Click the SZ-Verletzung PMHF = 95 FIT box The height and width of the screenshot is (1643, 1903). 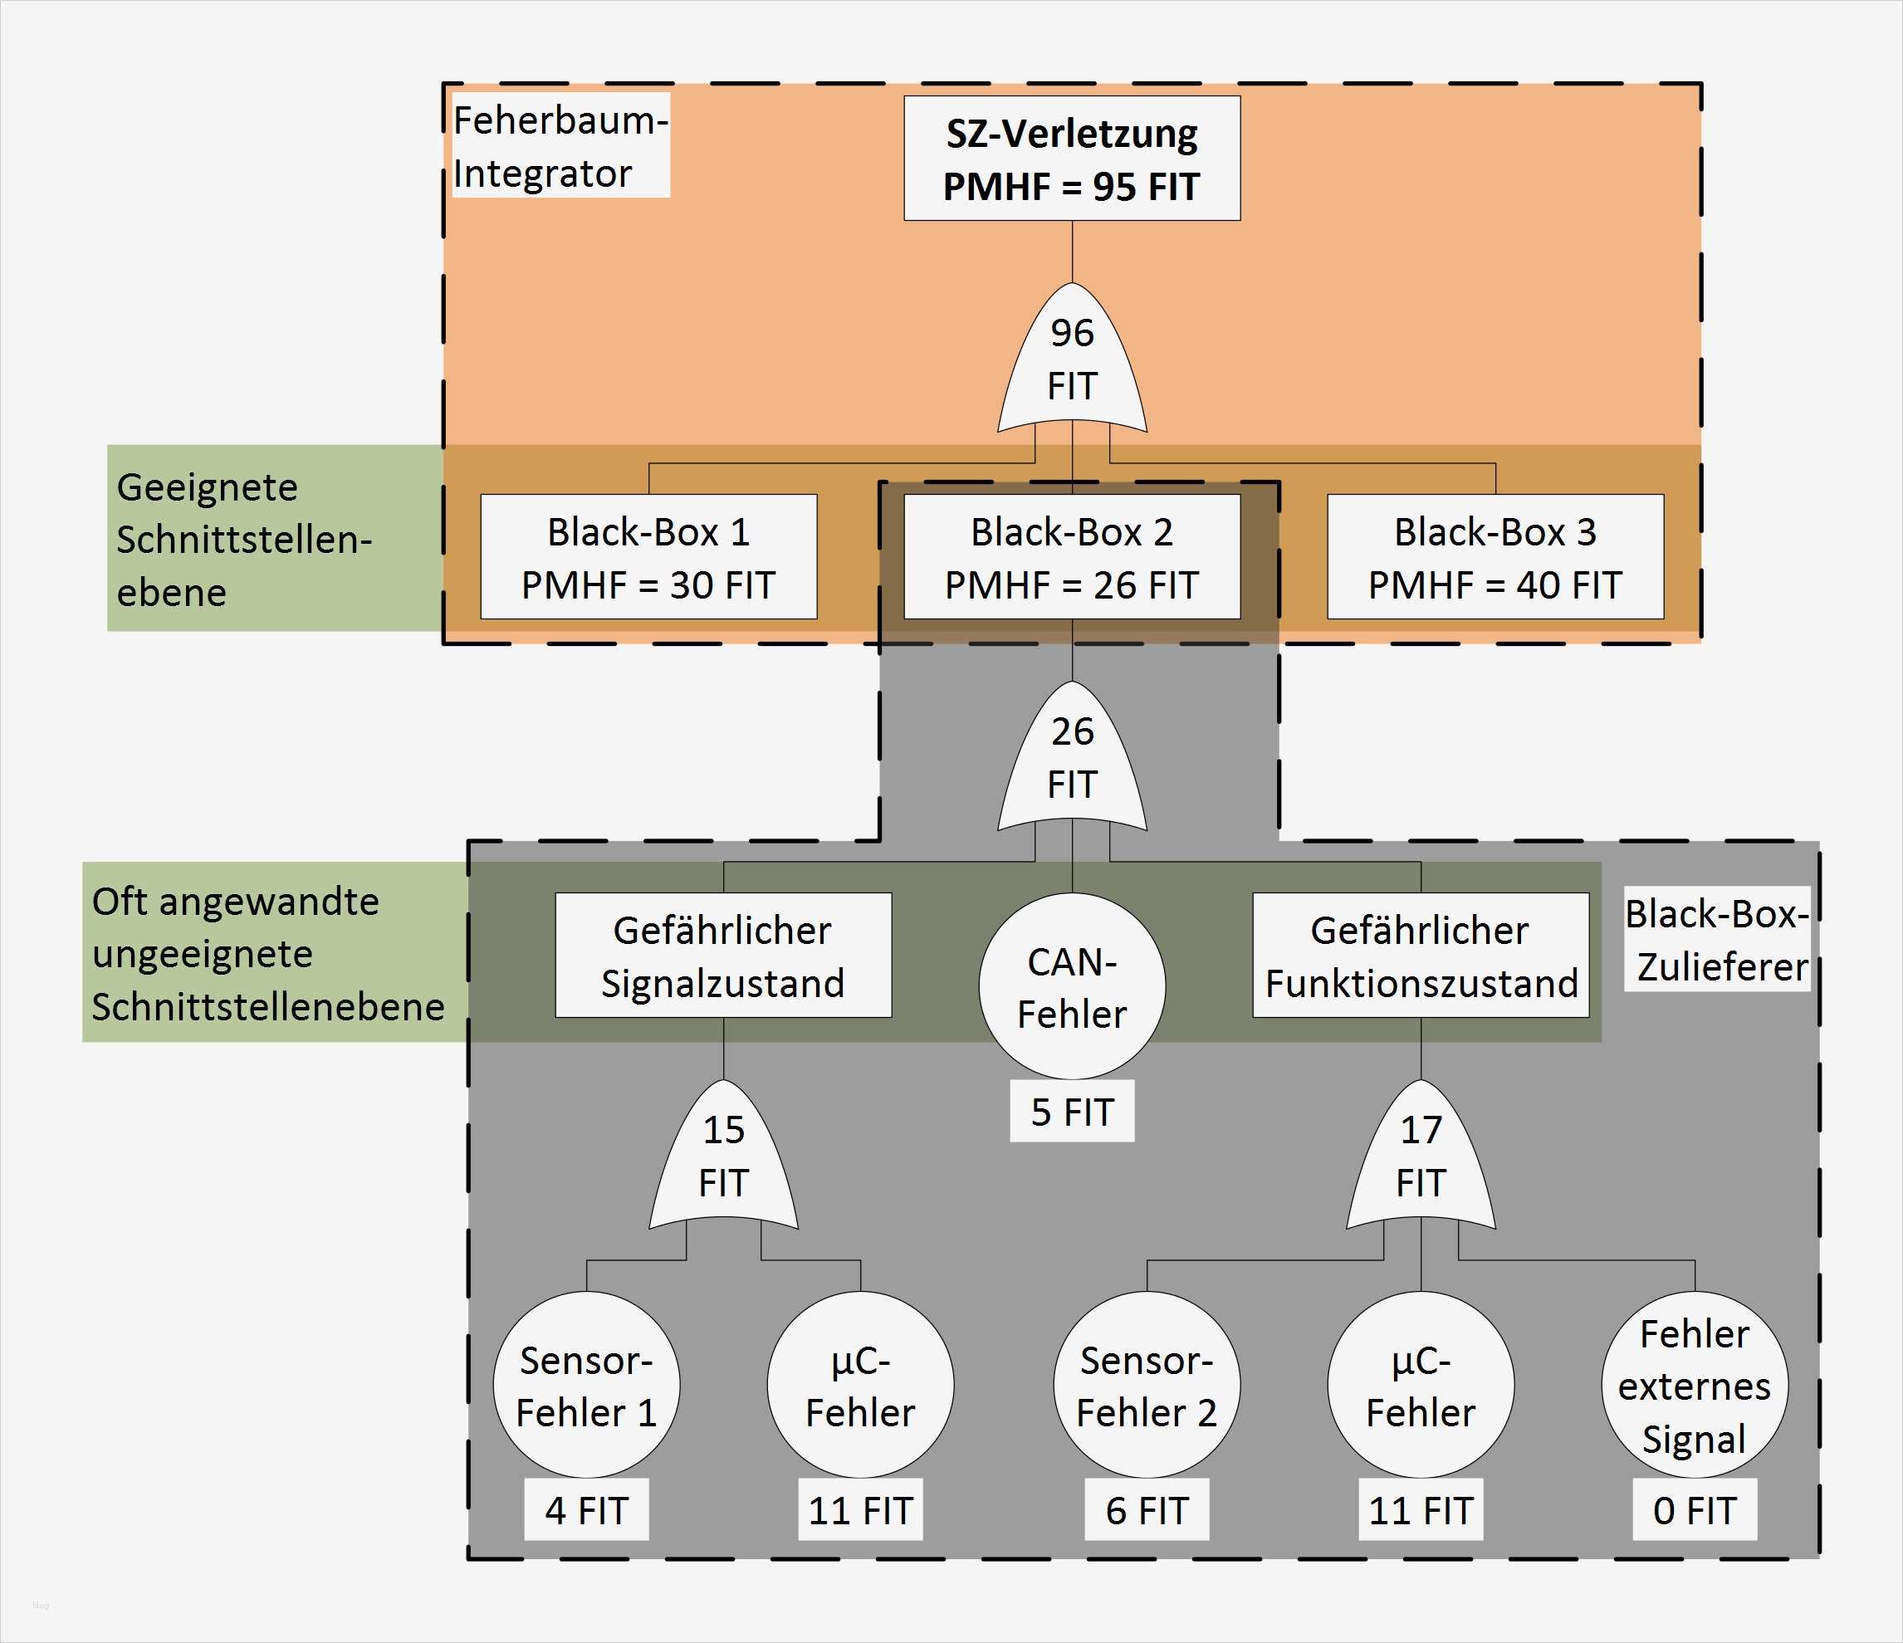[x=1072, y=158]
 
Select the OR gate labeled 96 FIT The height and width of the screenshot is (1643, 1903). [x=1072, y=363]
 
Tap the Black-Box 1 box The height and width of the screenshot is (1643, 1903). [x=648, y=556]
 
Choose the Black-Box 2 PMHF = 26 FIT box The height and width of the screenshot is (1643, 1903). [x=1072, y=556]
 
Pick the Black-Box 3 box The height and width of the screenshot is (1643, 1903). [x=1495, y=556]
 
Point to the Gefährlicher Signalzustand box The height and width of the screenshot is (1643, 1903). [x=723, y=955]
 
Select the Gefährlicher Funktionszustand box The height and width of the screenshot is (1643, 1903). [x=1421, y=955]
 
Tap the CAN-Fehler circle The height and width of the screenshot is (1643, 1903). [x=1072, y=986]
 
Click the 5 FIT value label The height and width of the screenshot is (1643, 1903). [x=1072, y=1112]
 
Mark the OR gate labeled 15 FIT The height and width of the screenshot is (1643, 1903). [x=723, y=1159]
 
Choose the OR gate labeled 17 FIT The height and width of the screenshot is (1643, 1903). [x=1421, y=1159]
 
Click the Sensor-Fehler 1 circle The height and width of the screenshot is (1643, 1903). [x=586, y=1385]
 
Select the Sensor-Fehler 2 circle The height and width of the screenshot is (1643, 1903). [x=1147, y=1385]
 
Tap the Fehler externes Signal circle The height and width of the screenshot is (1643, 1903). [x=1695, y=1385]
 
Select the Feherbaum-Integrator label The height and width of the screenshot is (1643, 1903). [x=560, y=145]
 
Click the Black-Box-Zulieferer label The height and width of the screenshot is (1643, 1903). [x=1716, y=939]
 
